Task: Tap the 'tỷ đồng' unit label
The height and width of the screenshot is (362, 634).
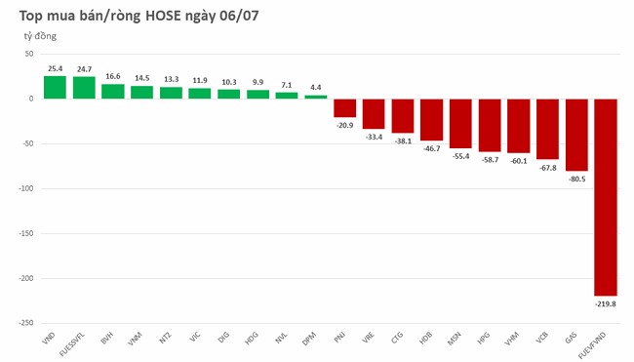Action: pyautogui.click(x=41, y=36)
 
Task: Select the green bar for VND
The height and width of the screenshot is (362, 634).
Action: pyautogui.click(x=55, y=87)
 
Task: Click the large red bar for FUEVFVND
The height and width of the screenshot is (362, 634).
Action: pyautogui.click(x=606, y=196)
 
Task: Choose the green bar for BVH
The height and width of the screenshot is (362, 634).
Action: pyautogui.click(x=113, y=91)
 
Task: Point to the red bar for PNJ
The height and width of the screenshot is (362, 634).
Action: pyautogui.click(x=345, y=107)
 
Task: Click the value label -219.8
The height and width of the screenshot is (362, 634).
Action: pyautogui.click(x=606, y=303)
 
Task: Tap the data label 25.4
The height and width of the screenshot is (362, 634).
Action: pyautogui.click(x=55, y=69)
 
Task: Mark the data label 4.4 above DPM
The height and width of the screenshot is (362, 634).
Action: pyautogui.click(x=316, y=88)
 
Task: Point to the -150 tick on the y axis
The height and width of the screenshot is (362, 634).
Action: pyautogui.click(x=28, y=233)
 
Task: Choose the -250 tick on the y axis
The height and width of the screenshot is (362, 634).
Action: pyautogui.click(x=28, y=323)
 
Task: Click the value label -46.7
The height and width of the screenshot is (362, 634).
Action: pyautogui.click(x=431, y=148)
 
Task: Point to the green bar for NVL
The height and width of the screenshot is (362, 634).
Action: pyautogui.click(x=287, y=95)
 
